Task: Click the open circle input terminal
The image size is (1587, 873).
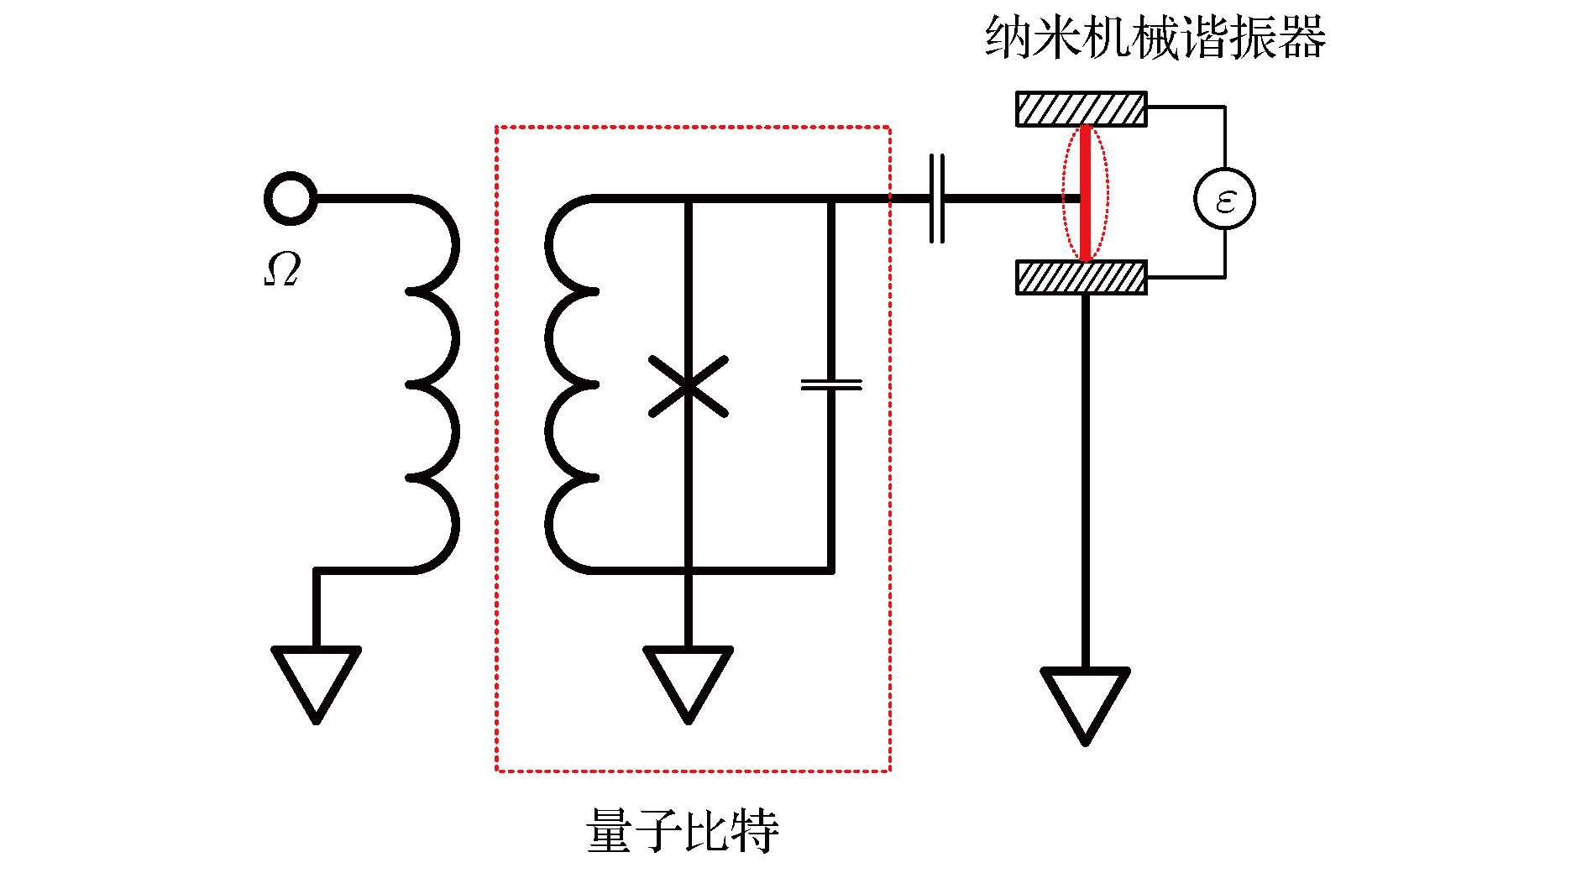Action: [291, 199]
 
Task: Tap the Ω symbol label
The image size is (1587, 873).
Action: [282, 269]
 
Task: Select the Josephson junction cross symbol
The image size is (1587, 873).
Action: [688, 386]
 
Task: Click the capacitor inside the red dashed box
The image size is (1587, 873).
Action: [831, 384]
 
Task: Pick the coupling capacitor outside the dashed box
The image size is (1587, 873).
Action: [937, 199]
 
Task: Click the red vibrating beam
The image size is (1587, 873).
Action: [1085, 193]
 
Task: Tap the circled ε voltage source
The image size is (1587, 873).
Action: [1224, 199]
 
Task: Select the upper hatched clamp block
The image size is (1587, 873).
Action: [1082, 109]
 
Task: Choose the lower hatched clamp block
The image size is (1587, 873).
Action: [1082, 277]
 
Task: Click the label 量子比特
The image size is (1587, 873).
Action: [683, 831]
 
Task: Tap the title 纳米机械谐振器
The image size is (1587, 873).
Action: [1155, 38]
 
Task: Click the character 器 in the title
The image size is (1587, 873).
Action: [1302, 38]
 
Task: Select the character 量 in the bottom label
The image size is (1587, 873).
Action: [610, 831]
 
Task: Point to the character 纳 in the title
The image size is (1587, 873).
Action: [1008, 38]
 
